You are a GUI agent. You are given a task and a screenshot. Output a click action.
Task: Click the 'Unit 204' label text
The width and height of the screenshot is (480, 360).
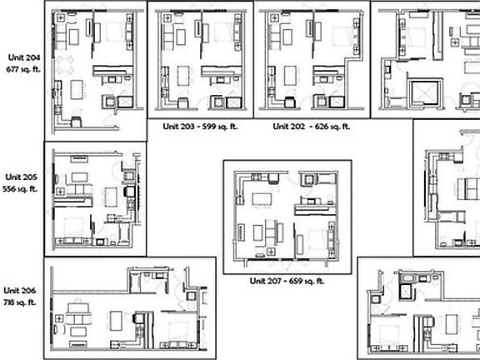coord(22,57)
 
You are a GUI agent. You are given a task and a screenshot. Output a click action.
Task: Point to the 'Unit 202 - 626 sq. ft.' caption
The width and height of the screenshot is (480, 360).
coord(311,127)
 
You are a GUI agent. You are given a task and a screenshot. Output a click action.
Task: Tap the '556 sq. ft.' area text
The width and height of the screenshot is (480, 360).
coord(22,189)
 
